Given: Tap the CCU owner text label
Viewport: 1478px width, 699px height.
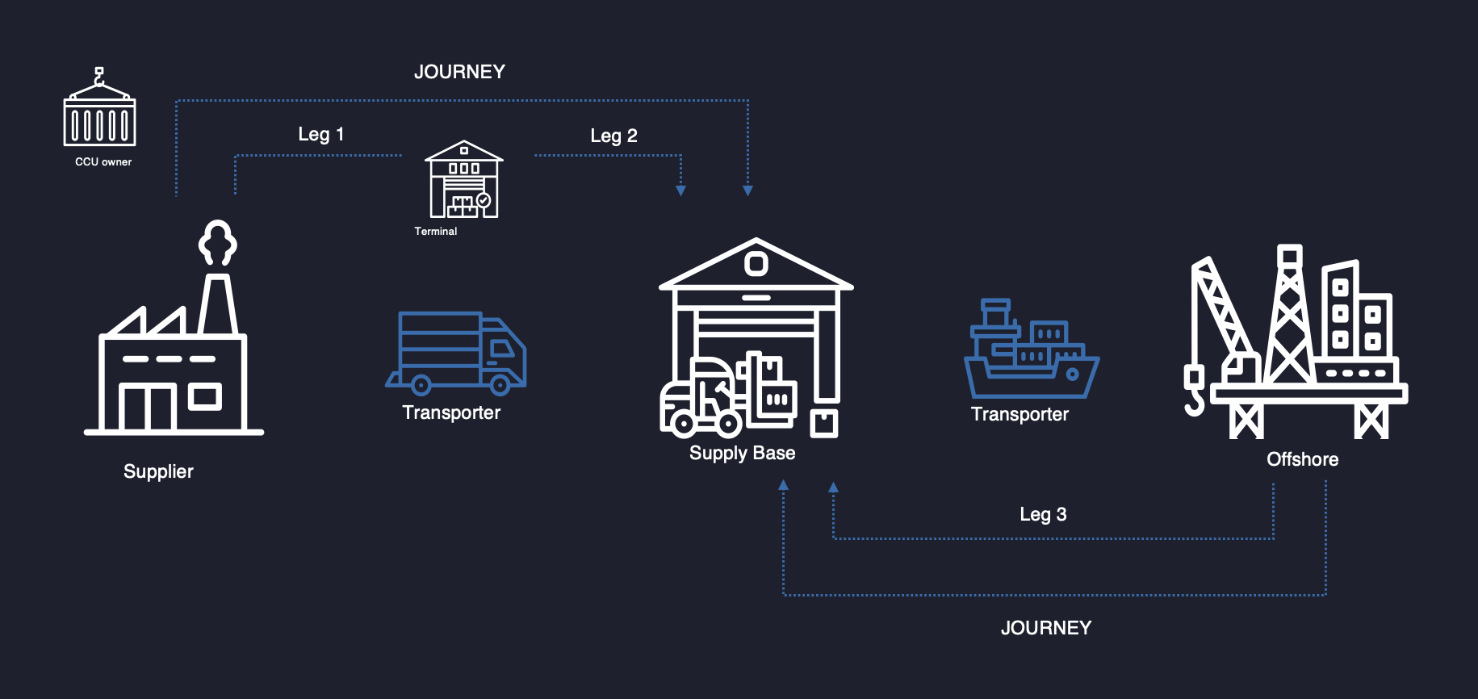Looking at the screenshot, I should pos(103,161).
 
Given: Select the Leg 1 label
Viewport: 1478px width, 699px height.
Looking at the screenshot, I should pos(320,134).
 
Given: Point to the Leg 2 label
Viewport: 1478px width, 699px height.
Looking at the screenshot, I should pos(613,136).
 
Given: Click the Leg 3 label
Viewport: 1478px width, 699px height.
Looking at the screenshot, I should pos(1043,514).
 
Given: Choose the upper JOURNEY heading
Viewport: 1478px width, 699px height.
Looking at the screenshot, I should pos(459,72).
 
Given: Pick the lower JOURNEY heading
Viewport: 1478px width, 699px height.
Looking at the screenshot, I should pos(1046,628).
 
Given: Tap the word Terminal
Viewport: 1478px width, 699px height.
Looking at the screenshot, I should pos(436,231).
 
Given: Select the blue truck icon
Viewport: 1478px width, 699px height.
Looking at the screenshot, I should pos(456,352).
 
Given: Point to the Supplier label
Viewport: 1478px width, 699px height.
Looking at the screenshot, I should pos(158,471).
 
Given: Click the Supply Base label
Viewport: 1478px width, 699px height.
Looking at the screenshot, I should pos(742,453).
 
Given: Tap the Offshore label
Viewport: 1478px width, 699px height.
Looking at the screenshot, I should pos(1302,459).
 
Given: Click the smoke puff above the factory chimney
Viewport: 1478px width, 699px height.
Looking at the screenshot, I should pos(217,242).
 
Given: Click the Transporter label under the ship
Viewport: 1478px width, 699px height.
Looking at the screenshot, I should pos(1020,414).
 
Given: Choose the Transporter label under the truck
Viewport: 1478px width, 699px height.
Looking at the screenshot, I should pos(451,412).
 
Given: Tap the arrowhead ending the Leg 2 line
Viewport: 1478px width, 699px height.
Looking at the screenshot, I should pos(681,190).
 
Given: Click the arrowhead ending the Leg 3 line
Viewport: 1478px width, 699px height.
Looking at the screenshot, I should pos(834,488).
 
